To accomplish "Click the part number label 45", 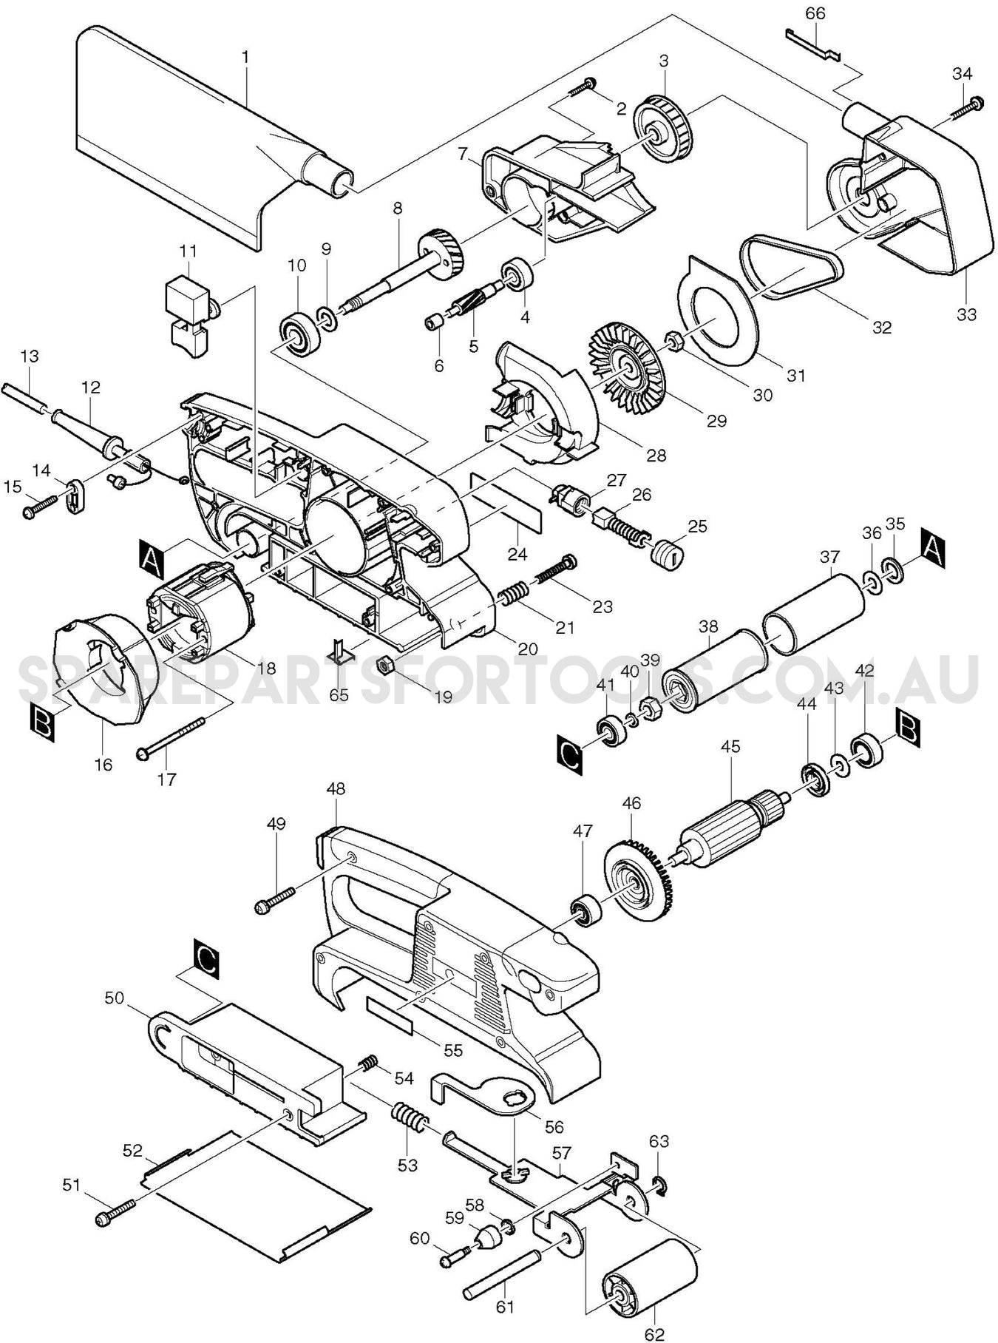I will click(x=730, y=746).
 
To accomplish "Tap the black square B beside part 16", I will click(x=44, y=723).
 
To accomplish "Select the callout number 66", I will click(x=815, y=13).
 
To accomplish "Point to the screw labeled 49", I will click(x=276, y=900).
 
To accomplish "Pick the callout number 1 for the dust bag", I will click(x=245, y=55).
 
